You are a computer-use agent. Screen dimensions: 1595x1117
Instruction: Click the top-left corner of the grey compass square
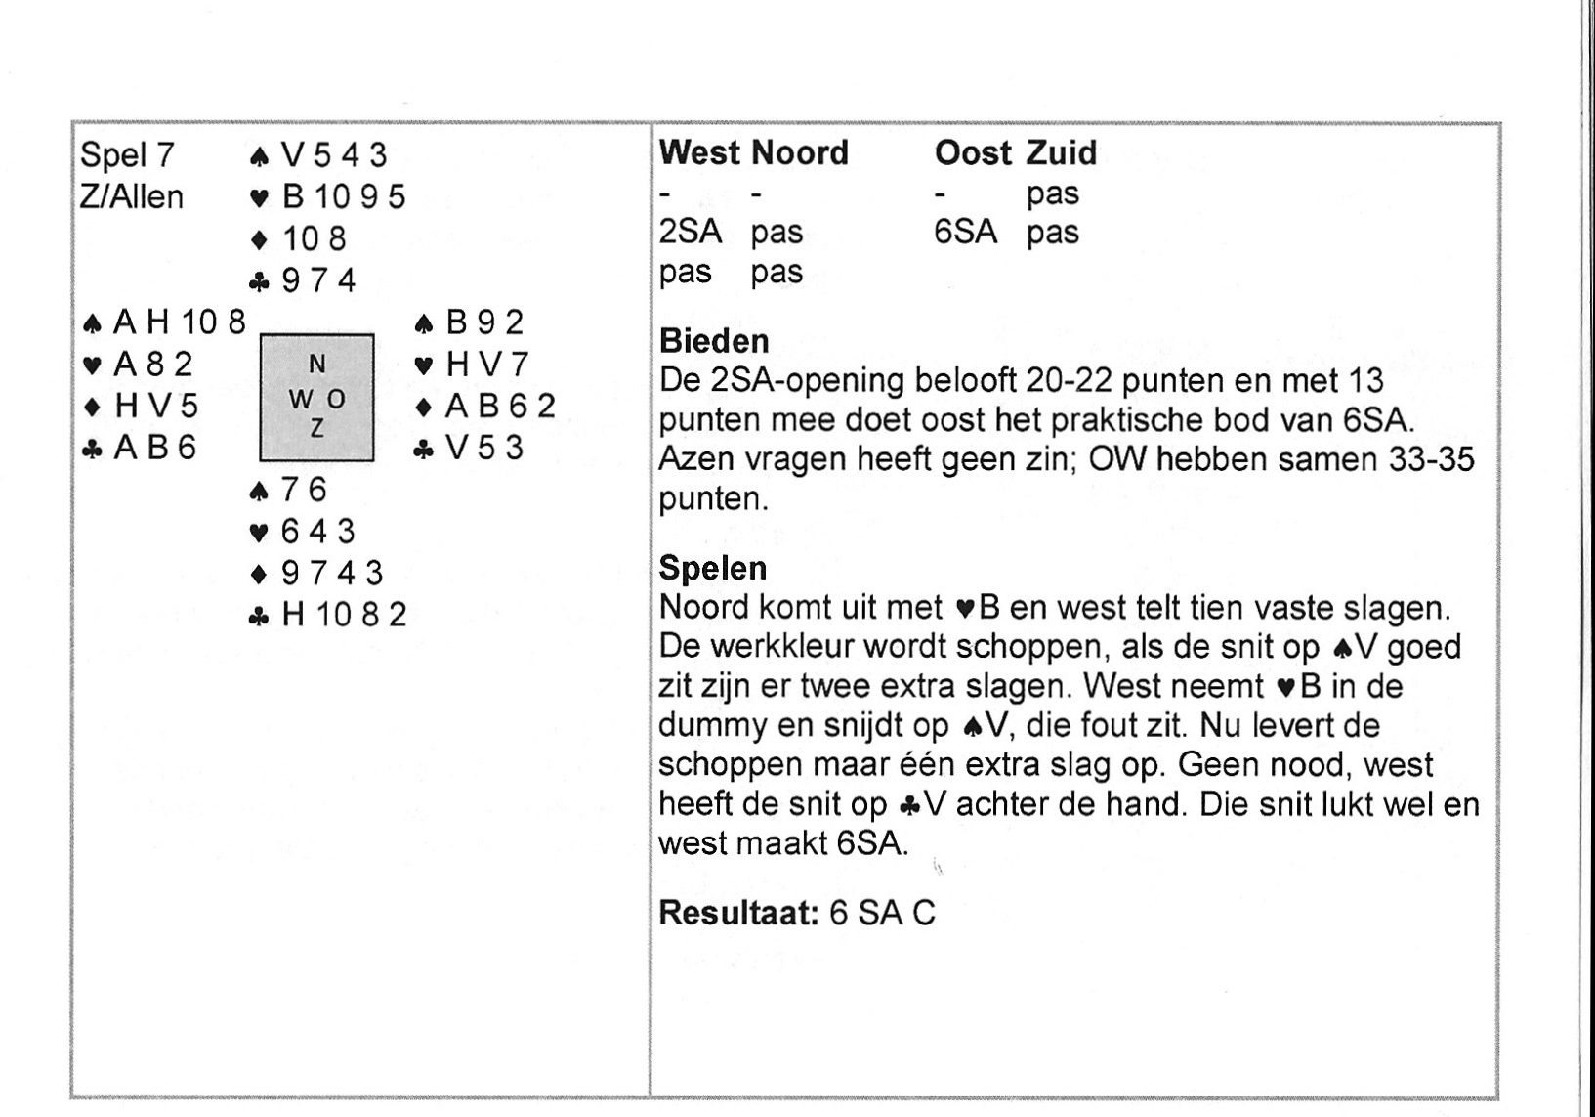261,335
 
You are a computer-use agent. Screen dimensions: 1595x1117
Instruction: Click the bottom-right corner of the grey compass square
374,461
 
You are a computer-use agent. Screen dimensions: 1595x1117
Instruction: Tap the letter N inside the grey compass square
316,365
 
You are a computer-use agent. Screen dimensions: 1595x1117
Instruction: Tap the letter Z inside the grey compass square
316,428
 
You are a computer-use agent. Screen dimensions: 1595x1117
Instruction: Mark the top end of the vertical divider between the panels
651,124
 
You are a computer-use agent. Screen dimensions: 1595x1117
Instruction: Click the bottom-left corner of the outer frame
72,1097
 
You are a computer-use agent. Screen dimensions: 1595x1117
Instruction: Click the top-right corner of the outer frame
1499,123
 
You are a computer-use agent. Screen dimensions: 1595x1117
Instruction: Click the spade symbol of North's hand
259,156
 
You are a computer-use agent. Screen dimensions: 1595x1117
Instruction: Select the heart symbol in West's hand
92,365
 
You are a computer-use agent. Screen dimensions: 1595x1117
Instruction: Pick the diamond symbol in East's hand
424,408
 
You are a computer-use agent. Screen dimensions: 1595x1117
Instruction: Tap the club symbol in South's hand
259,616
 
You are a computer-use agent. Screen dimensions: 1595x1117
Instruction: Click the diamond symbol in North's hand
259,240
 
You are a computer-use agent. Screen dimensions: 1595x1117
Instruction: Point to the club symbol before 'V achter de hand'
910,805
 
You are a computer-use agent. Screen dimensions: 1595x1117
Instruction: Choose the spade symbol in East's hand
424,324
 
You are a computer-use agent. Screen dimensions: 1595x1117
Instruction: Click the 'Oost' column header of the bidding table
973,153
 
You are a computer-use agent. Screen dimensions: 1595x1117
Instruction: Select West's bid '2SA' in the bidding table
690,233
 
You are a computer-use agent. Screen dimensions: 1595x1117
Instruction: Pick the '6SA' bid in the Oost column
965,233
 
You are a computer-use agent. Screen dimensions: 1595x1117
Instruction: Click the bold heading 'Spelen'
713,569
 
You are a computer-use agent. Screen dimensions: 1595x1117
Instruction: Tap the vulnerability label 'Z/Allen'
132,196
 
